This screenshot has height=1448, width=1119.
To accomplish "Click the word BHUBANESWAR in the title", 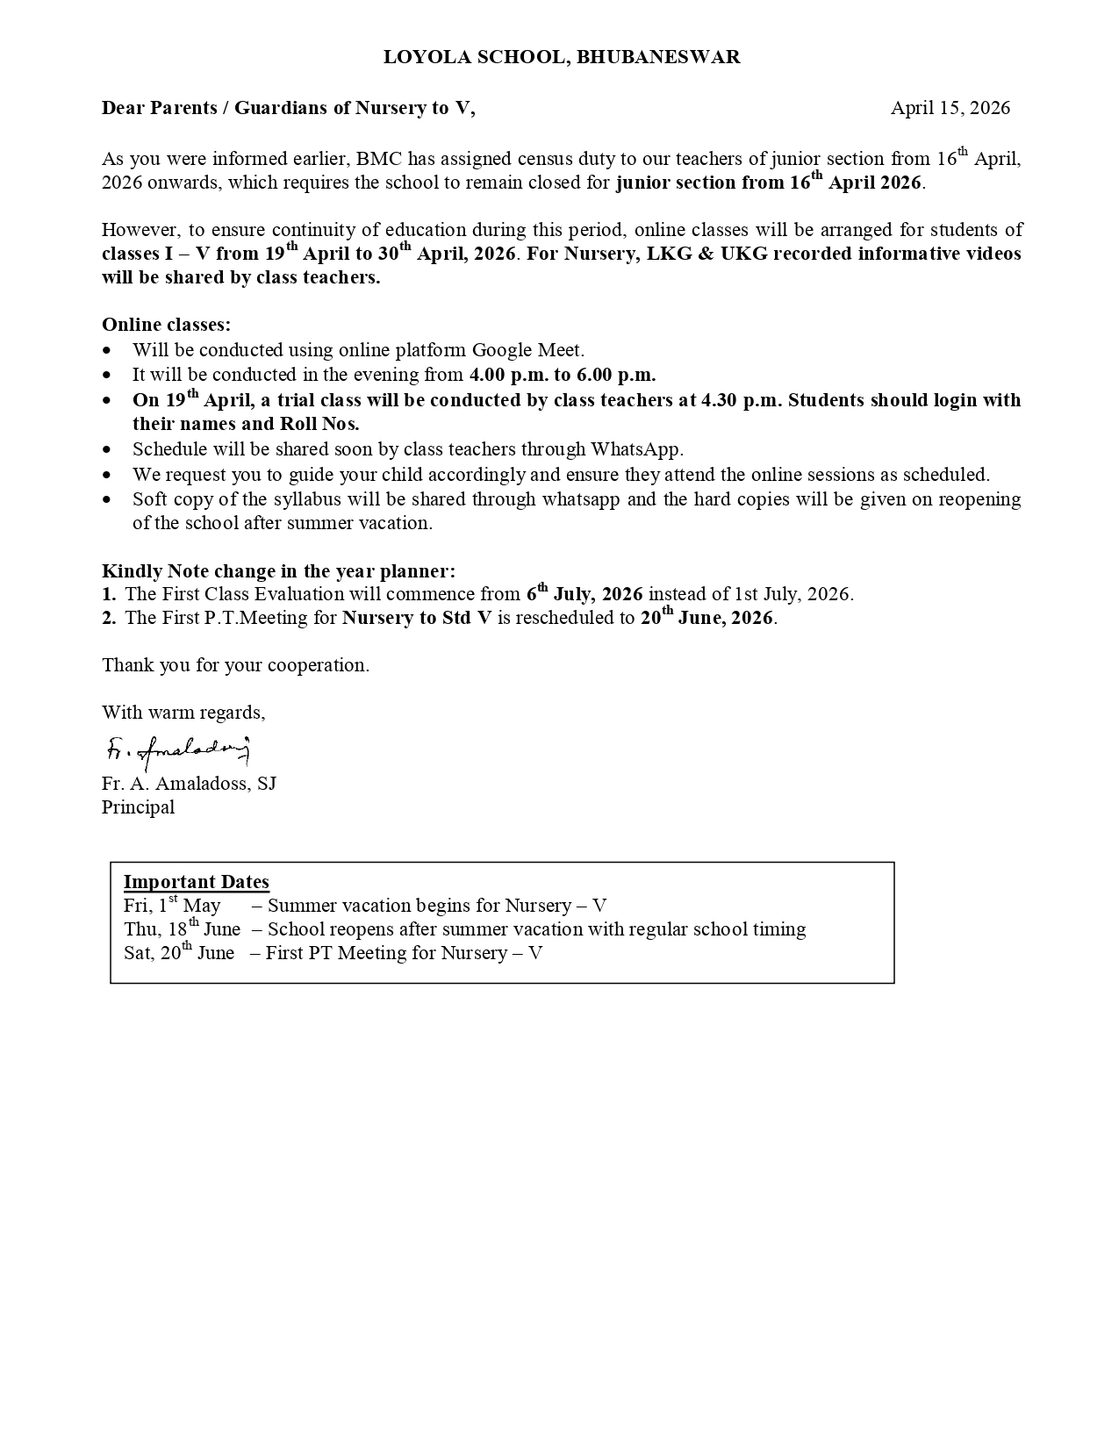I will pos(658,57).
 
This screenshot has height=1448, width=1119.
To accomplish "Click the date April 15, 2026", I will pos(950,108).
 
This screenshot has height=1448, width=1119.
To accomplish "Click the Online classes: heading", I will pos(167,325).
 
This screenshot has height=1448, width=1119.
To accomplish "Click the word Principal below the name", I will pos(138,807).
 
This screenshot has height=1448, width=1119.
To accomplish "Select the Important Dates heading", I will pos(196,882).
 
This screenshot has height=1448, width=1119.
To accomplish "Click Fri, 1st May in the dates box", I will pos(172,906).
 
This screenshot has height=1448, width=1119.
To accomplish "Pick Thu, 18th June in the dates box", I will pos(182,929).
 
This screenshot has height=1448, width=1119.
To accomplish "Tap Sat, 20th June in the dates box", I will pos(179,953).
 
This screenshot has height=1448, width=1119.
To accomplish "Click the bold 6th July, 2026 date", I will pos(585,594).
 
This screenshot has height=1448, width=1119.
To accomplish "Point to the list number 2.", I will pos(109,618).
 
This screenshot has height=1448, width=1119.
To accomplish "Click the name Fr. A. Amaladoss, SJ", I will pos(189,784).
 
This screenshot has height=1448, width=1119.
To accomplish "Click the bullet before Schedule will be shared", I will pos(108,449).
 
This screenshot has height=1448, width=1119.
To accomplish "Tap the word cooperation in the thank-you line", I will pos(316,665).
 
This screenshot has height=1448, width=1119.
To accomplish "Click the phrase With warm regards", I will pos(183,713).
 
